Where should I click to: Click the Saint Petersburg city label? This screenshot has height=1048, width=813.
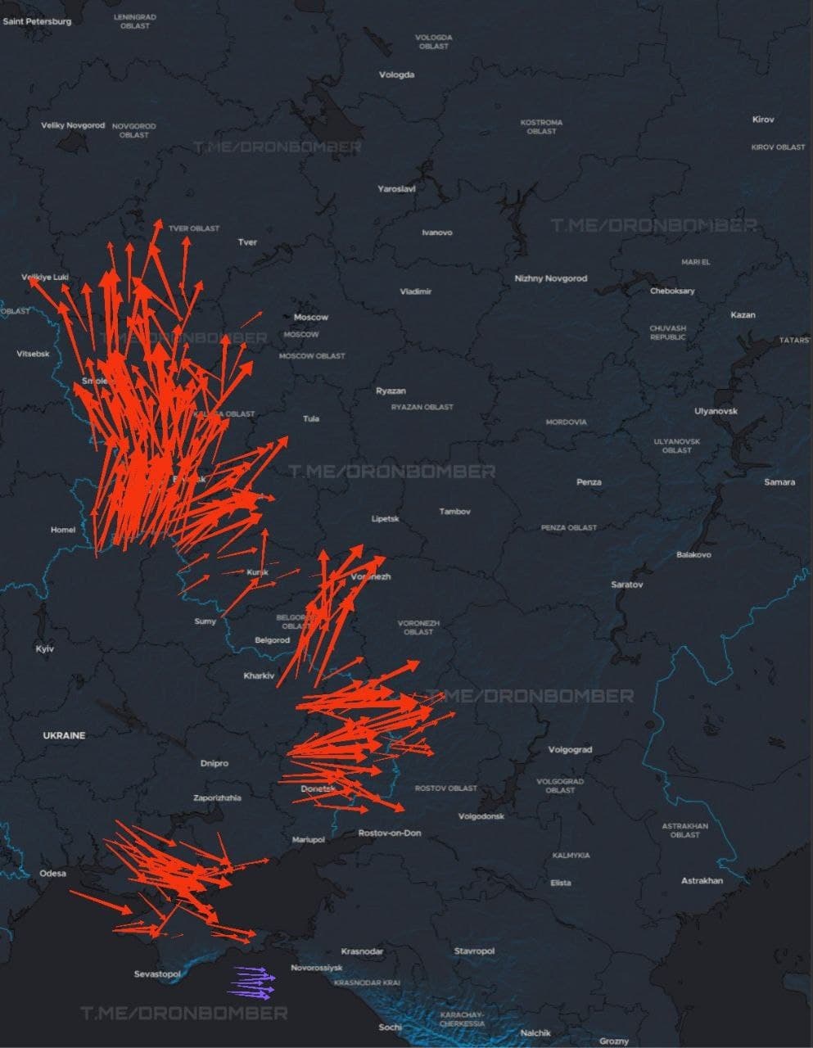click(x=38, y=21)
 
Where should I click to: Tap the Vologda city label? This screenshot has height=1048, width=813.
click(x=397, y=75)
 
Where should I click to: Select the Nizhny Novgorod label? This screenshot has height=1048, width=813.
click(x=550, y=278)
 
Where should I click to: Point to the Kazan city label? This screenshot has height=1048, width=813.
click(x=743, y=314)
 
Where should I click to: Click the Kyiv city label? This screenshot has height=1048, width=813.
click(x=45, y=648)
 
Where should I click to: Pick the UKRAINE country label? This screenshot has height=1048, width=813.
click(x=64, y=735)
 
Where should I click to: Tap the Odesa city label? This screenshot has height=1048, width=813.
click(x=52, y=874)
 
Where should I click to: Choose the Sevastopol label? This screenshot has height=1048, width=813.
click(x=157, y=974)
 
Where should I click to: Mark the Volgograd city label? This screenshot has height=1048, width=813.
click(x=569, y=750)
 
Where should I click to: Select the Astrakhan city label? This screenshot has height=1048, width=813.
click(x=702, y=881)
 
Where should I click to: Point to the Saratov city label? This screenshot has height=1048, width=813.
click(x=627, y=585)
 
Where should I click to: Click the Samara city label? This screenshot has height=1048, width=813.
click(x=779, y=482)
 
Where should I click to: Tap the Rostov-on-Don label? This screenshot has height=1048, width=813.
click(x=390, y=833)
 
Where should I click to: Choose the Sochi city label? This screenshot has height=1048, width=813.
click(x=391, y=1027)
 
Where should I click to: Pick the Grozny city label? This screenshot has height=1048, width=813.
click(x=614, y=1041)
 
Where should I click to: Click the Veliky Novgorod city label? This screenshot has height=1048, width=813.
click(x=73, y=125)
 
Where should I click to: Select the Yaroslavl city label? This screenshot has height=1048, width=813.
click(x=396, y=188)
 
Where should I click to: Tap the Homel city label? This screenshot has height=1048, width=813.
click(x=63, y=530)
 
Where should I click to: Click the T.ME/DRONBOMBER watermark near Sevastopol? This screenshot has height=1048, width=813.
click(x=184, y=1014)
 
